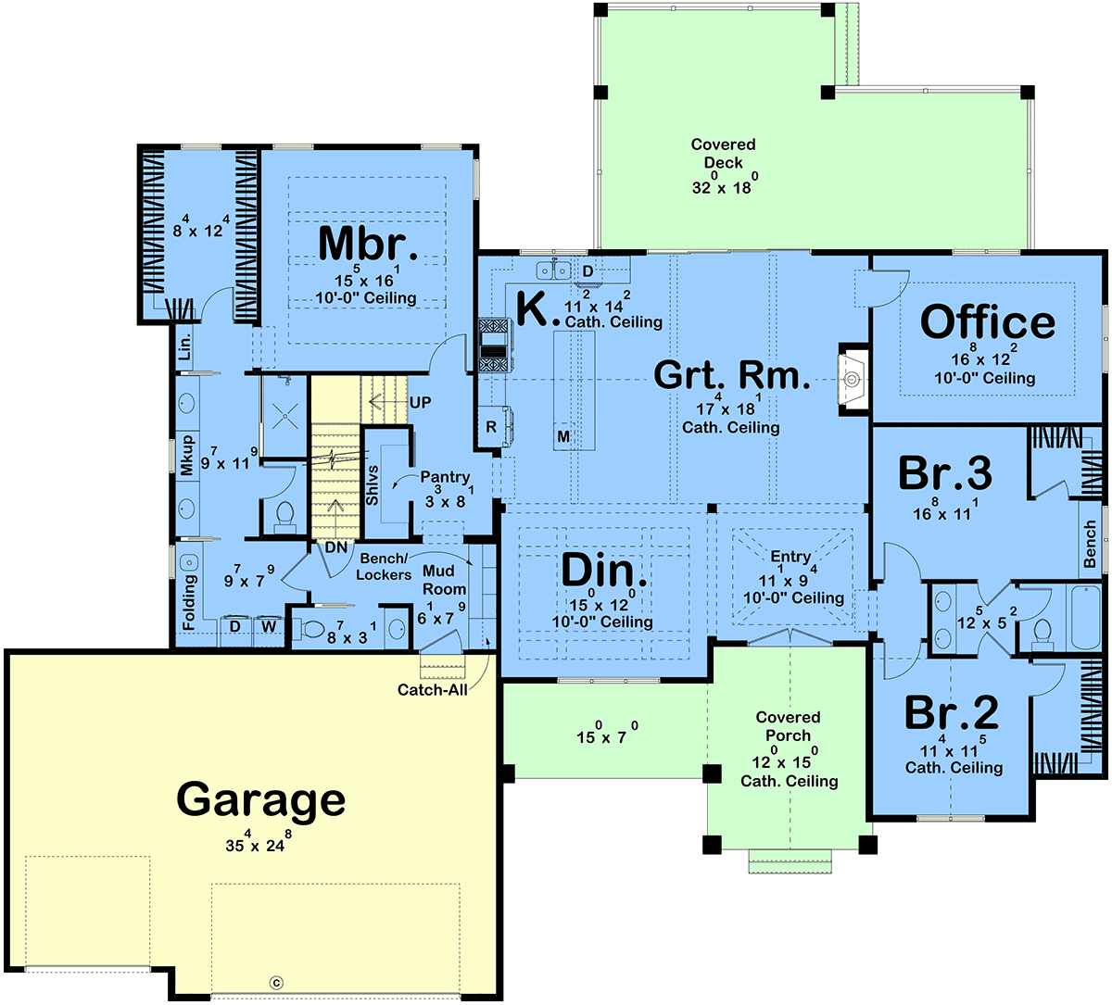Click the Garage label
(260, 801)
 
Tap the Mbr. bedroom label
(368, 243)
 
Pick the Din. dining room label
(603, 570)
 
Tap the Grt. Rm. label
(732, 375)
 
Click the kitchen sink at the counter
(553, 270)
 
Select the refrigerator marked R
(491, 426)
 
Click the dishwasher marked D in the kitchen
(588, 271)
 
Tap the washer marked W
(269, 627)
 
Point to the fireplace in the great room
(853, 379)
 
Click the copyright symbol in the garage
(276, 983)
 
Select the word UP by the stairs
(420, 402)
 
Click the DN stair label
(336, 547)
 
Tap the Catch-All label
(433, 689)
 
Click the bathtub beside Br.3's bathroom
(1085, 616)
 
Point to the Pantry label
(445, 477)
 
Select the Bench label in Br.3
(1090, 543)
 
